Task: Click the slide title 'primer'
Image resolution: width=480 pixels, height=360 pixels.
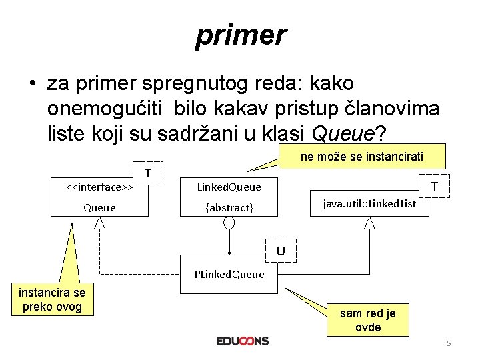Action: click(x=241, y=35)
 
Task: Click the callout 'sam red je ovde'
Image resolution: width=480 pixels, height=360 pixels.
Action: click(x=368, y=320)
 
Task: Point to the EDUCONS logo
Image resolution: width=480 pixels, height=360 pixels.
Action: click(x=242, y=341)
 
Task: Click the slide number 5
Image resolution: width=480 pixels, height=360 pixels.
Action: click(x=449, y=343)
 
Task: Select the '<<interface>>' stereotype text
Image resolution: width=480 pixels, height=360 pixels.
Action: click(x=98, y=187)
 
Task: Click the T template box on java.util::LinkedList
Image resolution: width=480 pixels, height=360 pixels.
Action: click(x=434, y=186)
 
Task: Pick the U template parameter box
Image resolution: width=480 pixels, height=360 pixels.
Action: click(x=281, y=251)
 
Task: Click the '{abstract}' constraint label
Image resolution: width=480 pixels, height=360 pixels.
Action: click(x=229, y=207)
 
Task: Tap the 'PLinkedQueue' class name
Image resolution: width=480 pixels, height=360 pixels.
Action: click(x=229, y=274)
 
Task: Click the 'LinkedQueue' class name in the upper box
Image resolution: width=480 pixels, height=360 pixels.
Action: click(x=229, y=187)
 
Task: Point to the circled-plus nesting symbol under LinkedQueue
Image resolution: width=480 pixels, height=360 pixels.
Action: click(x=229, y=223)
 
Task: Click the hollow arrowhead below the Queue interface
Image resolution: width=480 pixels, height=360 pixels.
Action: click(x=100, y=223)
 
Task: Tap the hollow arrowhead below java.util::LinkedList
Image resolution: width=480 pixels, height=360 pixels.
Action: click(x=369, y=223)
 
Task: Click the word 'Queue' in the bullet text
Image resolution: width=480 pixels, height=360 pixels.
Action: click(x=342, y=134)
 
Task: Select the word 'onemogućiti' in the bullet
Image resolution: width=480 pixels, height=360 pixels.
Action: click(x=107, y=109)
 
